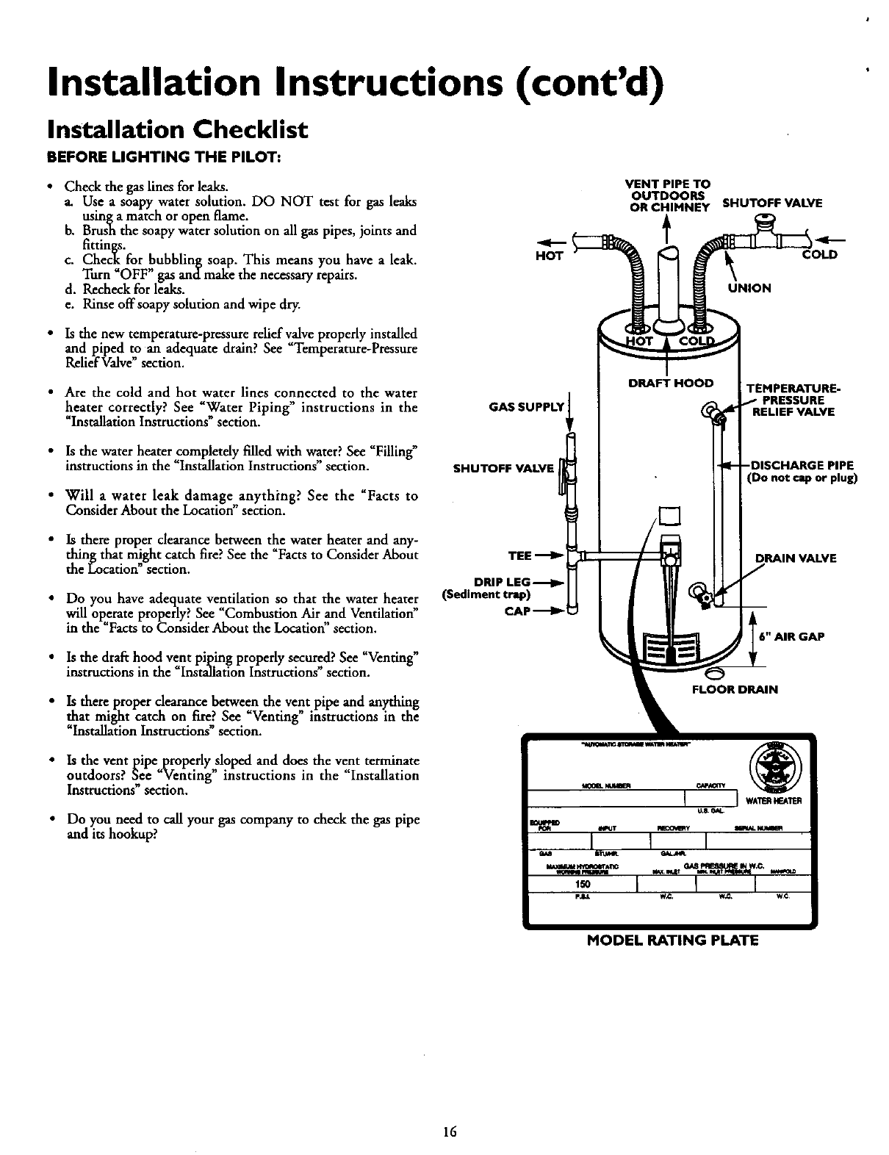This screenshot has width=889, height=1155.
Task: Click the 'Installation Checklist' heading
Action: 176,131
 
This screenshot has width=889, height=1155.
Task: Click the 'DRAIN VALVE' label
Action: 785,558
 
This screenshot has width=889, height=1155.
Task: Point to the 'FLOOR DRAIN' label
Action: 735,689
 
